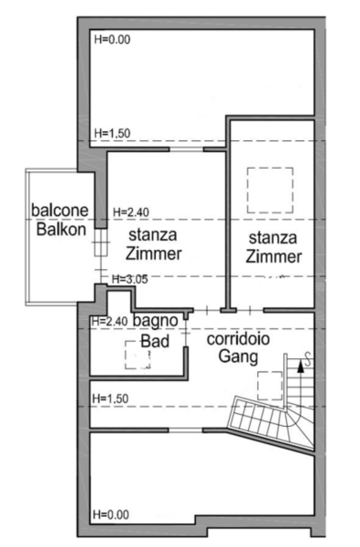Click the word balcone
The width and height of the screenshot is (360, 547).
coord(59,210)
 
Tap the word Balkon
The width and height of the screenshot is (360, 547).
coord(61,230)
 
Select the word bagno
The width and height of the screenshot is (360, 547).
coord(156,321)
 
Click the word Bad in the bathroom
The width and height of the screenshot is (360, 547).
coord(155,341)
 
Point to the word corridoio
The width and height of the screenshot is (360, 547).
coord(238,339)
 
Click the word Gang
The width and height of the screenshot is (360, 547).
coord(238,356)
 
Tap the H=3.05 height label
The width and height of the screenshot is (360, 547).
coord(129,279)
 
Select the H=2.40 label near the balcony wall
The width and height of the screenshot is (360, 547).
coord(131,212)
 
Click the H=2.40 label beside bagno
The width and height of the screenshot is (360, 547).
coord(109,321)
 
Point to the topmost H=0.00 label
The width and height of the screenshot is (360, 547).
coord(112,39)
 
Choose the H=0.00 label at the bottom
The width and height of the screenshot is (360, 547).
coord(111,514)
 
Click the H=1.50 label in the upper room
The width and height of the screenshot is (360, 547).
coord(112,133)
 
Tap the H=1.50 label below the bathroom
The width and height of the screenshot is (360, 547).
coord(110,398)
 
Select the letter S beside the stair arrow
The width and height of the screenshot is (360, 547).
coord(308,360)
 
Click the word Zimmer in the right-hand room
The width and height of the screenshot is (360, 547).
coord(273,257)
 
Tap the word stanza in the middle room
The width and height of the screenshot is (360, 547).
coord(153,235)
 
